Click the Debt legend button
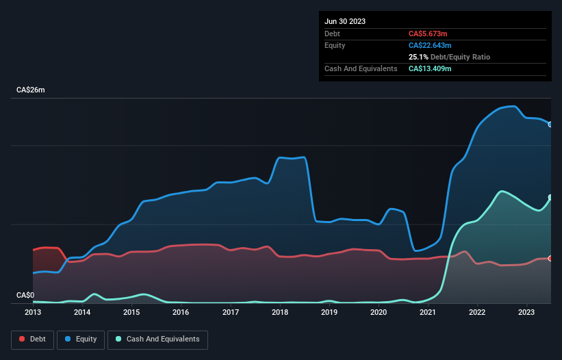click(x=32, y=339)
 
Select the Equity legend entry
click(x=81, y=339)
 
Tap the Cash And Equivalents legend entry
click(x=157, y=339)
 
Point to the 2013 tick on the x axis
click(x=33, y=313)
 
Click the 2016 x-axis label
click(x=181, y=313)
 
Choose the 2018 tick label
click(x=280, y=313)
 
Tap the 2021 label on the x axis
click(x=428, y=313)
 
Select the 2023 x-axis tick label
click(x=526, y=313)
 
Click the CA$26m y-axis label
click(x=30, y=90)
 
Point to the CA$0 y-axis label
click(x=25, y=296)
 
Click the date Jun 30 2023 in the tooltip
click(x=345, y=21)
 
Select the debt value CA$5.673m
click(x=428, y=34)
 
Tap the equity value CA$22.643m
click(x=430, y=45)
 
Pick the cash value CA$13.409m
click(x=430, y=68)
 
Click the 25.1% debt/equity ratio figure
click(x=418, y=57)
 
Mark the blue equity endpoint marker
click(x=550, y=124)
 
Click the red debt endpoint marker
click(x=550, y=258)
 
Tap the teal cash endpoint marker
click(x=550, y=198)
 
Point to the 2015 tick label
click(x=131, y=313)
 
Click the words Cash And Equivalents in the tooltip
click(x=361, y=68)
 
